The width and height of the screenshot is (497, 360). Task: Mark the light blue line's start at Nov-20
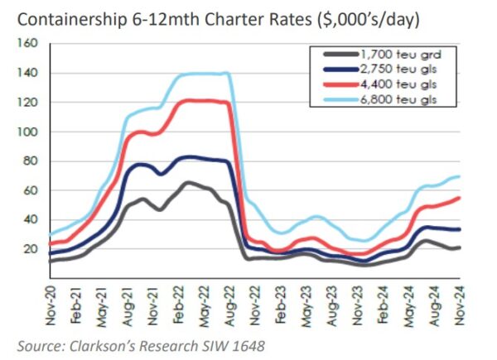click(x=52, y=234)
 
